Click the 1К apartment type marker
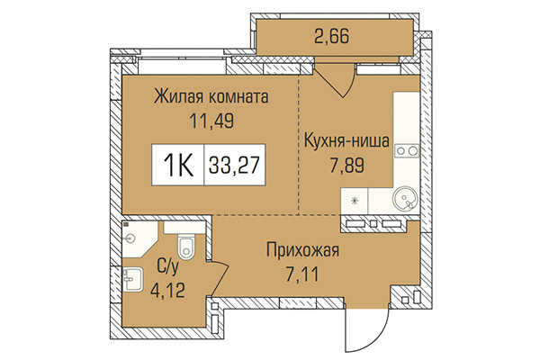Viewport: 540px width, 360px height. pos(179,166)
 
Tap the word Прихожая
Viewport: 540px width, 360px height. pos(302,250)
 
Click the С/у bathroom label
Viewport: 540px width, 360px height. pos(168,265)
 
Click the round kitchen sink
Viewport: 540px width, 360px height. pos(402,197)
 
